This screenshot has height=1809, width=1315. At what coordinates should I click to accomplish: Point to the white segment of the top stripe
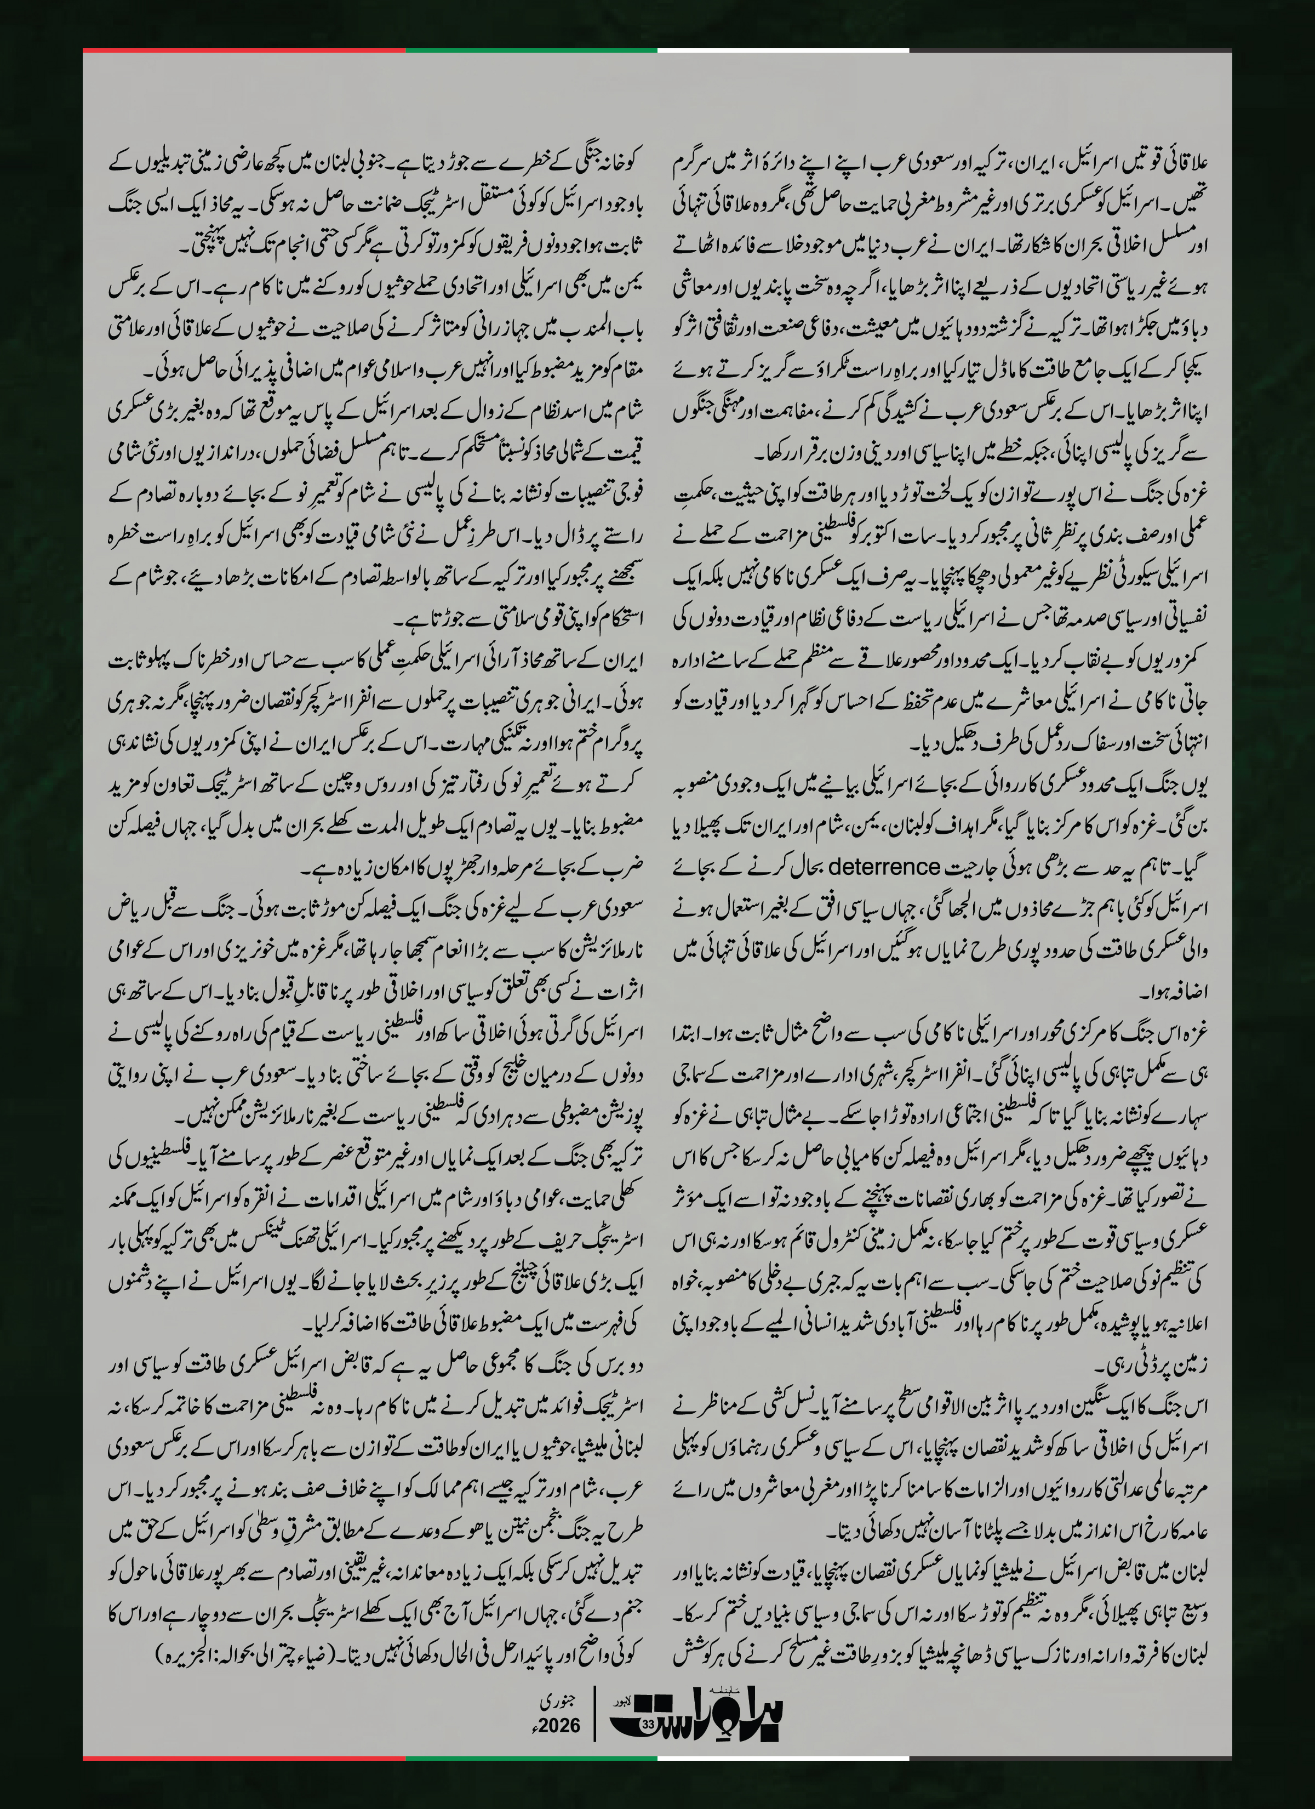pos(783,50)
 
